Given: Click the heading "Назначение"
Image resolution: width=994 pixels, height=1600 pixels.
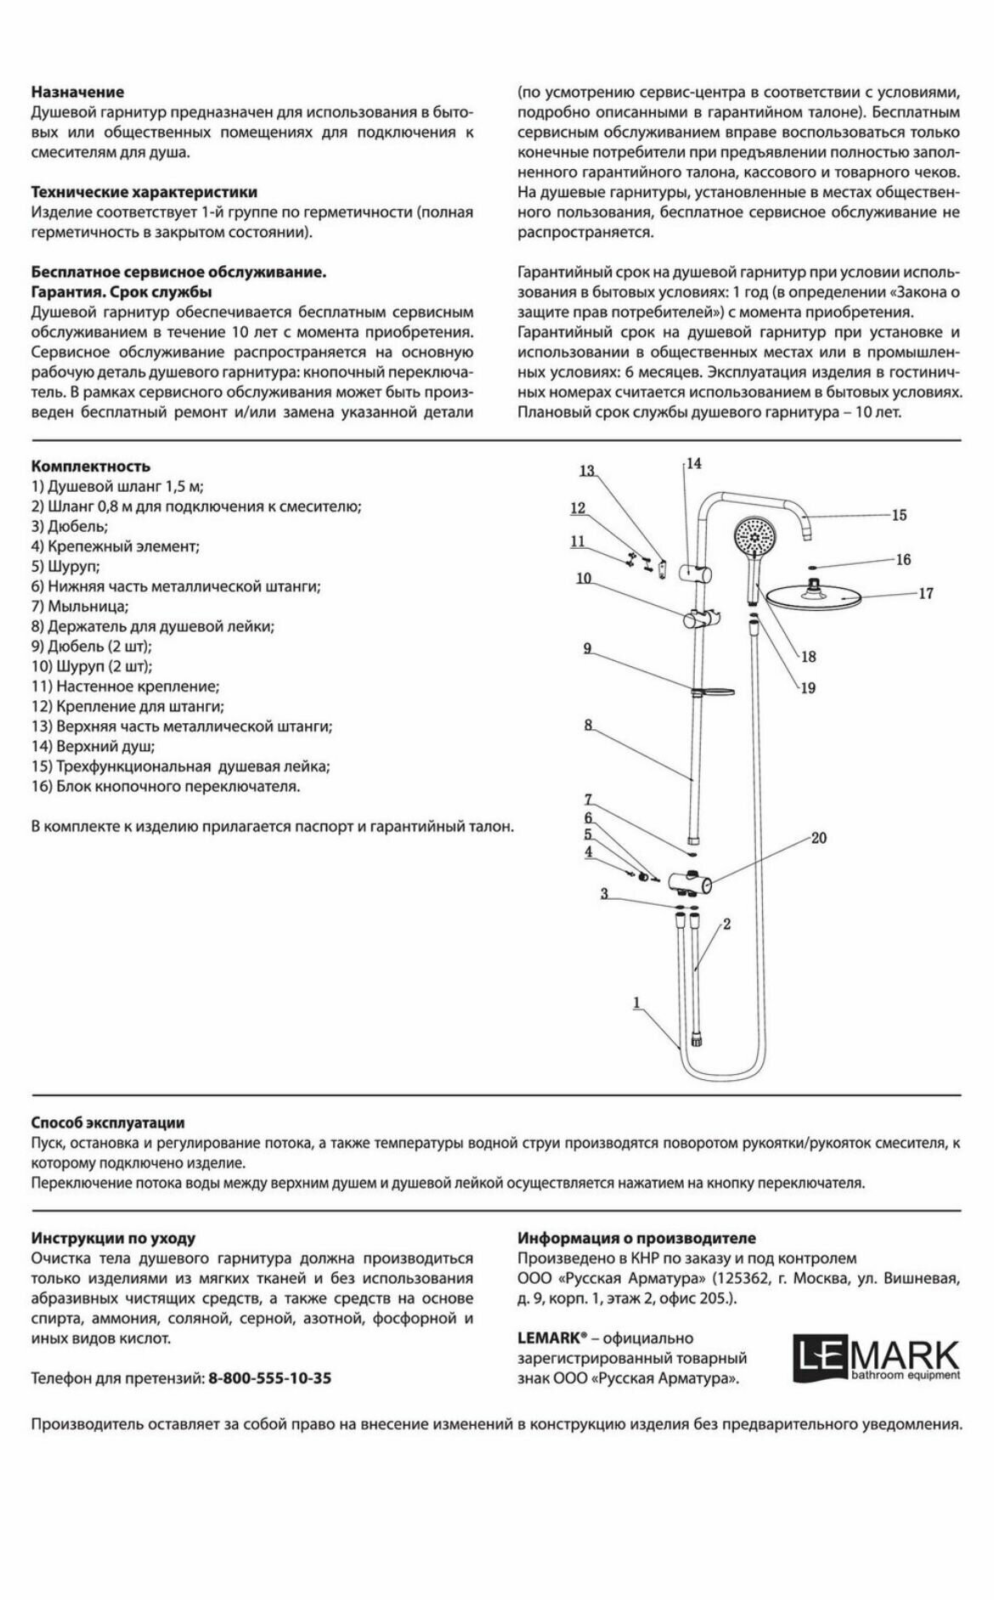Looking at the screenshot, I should click(x=77, y=92).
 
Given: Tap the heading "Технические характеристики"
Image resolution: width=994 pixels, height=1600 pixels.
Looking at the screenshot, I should click(x=144, y=192).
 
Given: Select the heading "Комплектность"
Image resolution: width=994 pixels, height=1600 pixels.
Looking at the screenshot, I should click(x=91, y=466).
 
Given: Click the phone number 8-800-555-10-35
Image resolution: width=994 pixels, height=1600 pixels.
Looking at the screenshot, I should click(x=270, y=1378).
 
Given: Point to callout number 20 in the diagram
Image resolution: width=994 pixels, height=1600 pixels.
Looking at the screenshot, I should click(x=818, y=838).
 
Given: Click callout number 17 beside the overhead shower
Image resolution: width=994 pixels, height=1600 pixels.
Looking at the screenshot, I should click(x=925, y=594).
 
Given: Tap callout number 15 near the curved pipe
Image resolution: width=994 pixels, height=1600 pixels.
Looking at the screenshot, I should click(x=899, y=515).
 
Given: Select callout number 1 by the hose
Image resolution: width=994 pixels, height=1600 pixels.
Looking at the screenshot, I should click(x=637, y=1004).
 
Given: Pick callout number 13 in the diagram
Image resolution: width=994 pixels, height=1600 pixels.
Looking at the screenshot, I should click(x=587, y=472).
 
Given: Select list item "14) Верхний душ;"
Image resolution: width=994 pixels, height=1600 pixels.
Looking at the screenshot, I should click(x=93, y=747).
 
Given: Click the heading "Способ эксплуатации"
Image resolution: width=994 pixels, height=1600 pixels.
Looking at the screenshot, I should click(x=108, y=1123).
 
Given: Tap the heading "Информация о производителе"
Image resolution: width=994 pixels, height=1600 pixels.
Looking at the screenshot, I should click(x=636, y=1238).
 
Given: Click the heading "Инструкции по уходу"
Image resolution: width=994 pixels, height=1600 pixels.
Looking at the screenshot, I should click(x=113, y=1238).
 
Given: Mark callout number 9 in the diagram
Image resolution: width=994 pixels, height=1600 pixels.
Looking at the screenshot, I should click(x=587, y=648).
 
